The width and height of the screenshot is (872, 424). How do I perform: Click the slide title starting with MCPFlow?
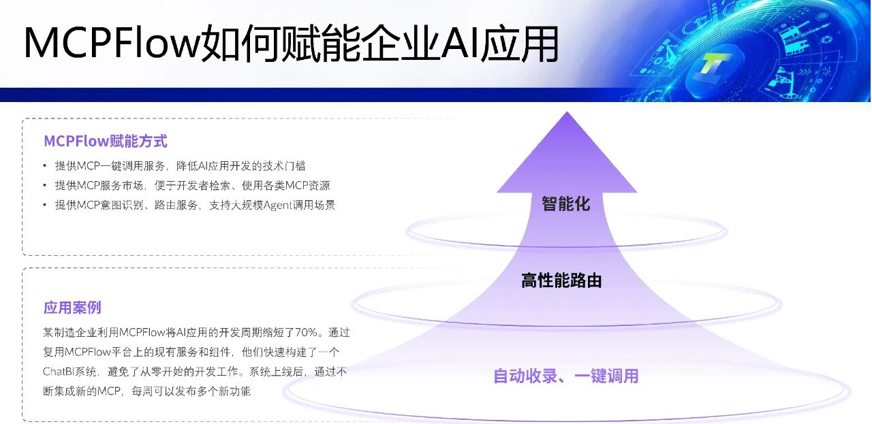(x=292, y=43)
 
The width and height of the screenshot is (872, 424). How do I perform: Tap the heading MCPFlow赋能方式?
(x=106, y=141)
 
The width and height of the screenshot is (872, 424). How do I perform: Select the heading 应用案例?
(x=72, y=308)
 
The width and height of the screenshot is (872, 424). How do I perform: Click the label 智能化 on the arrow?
(x=566, y=203)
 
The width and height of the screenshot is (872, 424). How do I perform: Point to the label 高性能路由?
(x=561, y=280)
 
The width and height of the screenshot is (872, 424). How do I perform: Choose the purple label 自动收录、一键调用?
(x=565, y=376)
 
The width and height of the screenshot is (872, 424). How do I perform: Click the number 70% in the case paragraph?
(x=307, y=333)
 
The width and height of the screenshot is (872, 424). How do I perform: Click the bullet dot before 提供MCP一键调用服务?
(x=45, y=166)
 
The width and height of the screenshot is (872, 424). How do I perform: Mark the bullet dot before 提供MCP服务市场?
(x=45, y=186)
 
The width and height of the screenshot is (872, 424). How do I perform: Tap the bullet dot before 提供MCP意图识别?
(x=45, y=205)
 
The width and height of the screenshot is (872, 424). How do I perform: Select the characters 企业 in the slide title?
(x=400, y=43)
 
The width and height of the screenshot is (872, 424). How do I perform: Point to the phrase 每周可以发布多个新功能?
(x=191, y=391)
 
